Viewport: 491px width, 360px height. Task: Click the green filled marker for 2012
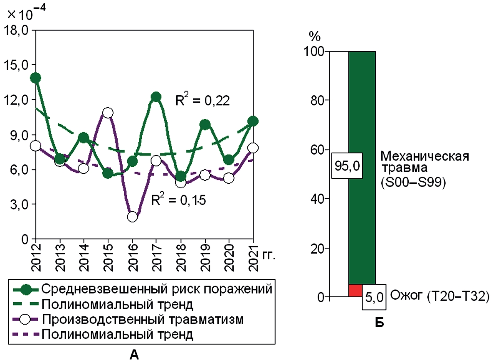[x=36, y=78]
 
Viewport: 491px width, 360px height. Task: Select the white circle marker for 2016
[x=133, y=217]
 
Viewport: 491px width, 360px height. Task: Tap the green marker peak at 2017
[x=156, y=97]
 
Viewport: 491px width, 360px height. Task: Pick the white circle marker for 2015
[x=108, y=113]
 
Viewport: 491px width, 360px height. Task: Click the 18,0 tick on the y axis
[x=17, y=30]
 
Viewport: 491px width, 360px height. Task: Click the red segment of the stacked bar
[x=355, y=291]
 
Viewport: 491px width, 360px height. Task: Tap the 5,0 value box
[x=375, y=297]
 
